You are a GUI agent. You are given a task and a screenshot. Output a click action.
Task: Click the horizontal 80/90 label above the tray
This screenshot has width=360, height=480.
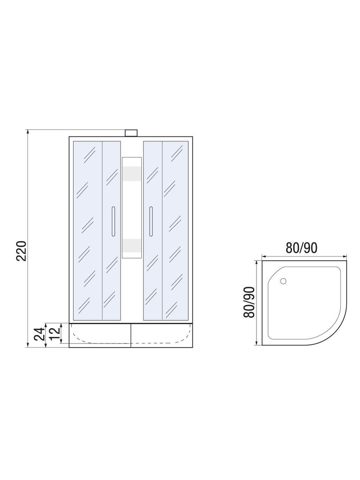[301, 247]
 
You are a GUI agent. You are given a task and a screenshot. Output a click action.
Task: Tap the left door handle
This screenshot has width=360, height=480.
[112, 221]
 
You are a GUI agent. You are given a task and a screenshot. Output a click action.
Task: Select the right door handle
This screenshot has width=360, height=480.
[151, 221]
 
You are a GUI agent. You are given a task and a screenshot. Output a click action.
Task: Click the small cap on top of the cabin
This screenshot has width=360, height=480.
[131, 133]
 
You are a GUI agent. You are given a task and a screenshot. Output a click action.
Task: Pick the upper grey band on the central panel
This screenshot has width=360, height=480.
[132, 174]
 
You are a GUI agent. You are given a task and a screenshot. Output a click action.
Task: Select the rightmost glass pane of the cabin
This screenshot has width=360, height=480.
[175, 229]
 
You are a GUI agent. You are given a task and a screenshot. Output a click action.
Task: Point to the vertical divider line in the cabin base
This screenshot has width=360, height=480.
[130, 335]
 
